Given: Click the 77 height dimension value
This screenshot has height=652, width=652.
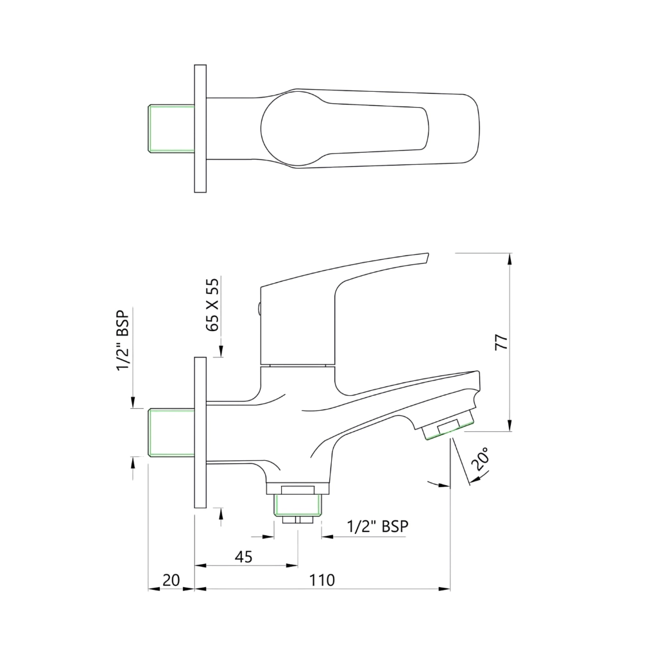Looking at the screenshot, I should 502,341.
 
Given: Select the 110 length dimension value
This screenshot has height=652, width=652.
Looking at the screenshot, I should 322,580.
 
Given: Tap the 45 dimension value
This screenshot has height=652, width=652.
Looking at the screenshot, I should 243,556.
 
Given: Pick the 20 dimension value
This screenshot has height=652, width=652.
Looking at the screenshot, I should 170,580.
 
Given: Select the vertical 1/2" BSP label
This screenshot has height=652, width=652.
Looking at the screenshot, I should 123,339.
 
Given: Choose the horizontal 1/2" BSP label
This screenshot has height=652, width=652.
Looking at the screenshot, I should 377,526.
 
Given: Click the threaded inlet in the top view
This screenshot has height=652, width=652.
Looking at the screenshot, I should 171,128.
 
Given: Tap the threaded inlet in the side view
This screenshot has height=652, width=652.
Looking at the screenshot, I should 171,432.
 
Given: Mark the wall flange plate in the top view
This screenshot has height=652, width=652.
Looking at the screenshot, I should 200,128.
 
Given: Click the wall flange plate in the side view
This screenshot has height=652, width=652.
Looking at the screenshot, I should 200,433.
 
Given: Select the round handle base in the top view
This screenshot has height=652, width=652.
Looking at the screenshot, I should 289,128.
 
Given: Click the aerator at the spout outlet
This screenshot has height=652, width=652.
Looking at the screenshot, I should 448,429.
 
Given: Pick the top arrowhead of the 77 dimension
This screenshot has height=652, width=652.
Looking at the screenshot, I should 510,258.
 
